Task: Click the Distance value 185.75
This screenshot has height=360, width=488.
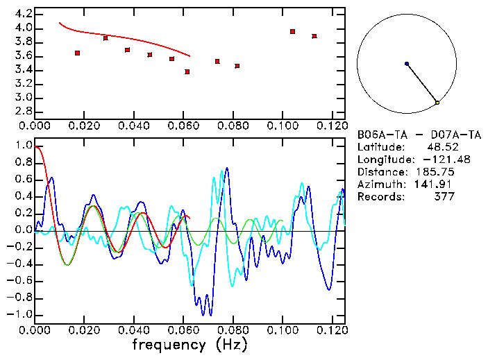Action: coord(435,172)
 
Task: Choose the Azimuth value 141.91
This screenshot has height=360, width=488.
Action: coord(435,185)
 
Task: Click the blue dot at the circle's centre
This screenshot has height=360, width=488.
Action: coord(407,64)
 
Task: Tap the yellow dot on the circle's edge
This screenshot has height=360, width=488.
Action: coord(437,103)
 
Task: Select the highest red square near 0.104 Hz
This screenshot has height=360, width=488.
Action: coord(293,31)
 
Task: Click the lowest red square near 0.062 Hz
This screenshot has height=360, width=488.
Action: coord(187,71)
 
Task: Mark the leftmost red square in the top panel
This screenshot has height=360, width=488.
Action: coord(78,53)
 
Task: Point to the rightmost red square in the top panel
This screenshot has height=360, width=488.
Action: coord(314,36)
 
